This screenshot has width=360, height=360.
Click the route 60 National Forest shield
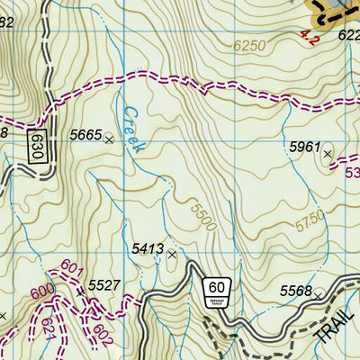216,289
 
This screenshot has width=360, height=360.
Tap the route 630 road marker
36,144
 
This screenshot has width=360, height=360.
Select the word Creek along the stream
132,131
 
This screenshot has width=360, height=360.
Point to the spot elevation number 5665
85,135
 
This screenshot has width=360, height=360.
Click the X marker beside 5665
109,139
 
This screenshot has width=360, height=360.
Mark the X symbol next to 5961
328,154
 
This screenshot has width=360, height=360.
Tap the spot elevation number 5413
147,247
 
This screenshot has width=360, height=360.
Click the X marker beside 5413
171,255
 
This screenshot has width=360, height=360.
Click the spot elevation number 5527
105,285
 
